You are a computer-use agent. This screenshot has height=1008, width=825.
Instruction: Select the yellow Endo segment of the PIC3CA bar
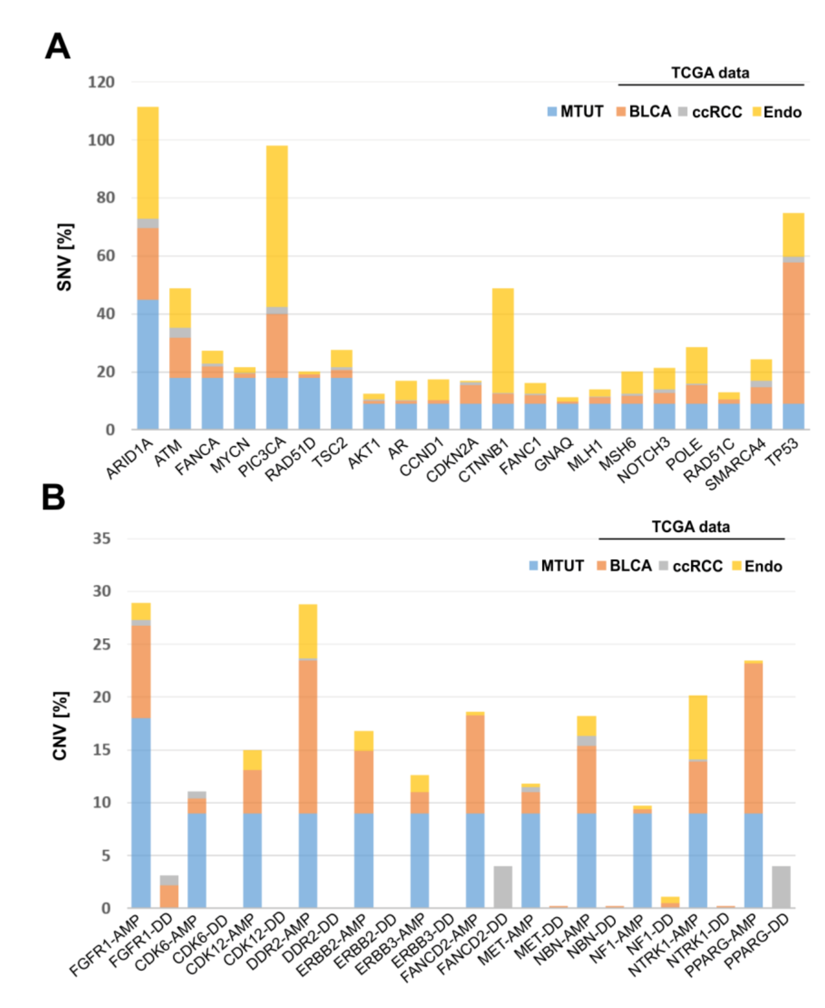pyautogui.click(x=277, y=226)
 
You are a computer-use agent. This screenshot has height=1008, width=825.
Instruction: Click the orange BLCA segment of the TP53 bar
pyautogui.click(x=793, y=333)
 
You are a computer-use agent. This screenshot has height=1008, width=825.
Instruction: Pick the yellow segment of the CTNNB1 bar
pyautogui.click(x=502, y=340)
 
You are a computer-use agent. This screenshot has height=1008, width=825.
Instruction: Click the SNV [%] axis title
pyautogui.click(x=64, y=257)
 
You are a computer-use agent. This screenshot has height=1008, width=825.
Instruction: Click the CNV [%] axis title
pyautogui.click(x=60, y=726)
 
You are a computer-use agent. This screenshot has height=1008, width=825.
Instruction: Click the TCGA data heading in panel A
pyautogui.click(x=710, y=73)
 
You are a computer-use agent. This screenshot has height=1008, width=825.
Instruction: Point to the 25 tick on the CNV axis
pyautogui.click(x=102, y=644)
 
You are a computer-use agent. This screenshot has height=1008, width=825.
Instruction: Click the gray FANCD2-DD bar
pyautogui.click(x=503, y=887)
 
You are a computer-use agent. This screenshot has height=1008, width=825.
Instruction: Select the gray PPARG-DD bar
pyautogui.click(x=781, y=887)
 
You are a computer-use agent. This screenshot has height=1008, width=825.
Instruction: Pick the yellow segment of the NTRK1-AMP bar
pyautogui.click(x=698, y=727)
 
